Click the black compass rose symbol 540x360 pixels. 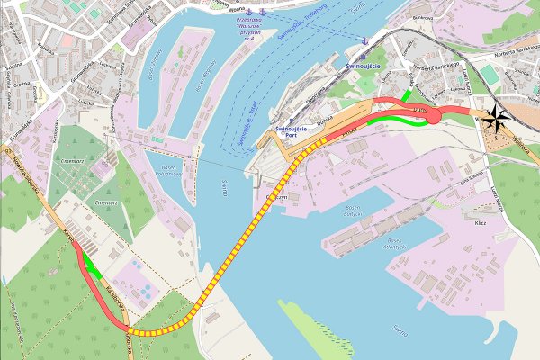494,114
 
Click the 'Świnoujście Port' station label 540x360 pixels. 292,131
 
